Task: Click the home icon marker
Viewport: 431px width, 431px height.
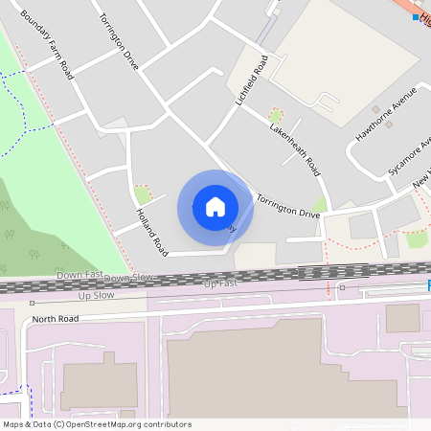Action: pyautogui.click(x=215, y=207)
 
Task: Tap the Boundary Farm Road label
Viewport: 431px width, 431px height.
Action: pyautogui.click(x=47, y=45)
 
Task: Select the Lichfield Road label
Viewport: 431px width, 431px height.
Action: pyautogui.click(x=247, y=80)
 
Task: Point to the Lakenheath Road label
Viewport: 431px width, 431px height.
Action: pyautogui.click(x=294, y=149)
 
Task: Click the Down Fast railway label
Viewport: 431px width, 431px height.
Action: pyautogui.click(x=79, y=275)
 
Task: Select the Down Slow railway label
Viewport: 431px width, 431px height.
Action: pyautogui.click(x=128, y=278)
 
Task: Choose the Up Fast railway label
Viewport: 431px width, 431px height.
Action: pyautogui.click(x=220, y=284)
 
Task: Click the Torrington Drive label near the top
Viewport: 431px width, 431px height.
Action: pyautogui.click(x=120, y=42)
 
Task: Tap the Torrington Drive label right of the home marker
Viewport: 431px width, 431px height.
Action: pyautogui.click(x=287, y=206)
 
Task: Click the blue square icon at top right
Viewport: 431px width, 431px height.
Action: pyautogui.click(x=416, y=17)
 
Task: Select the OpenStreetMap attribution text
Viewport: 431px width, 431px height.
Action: pyautogui.click(x=97, y=424)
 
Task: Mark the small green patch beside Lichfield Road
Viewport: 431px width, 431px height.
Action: pyautogui.click(x=276, y=116)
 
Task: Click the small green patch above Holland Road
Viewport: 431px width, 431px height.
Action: pyautogui.click(x=143, y=194)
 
